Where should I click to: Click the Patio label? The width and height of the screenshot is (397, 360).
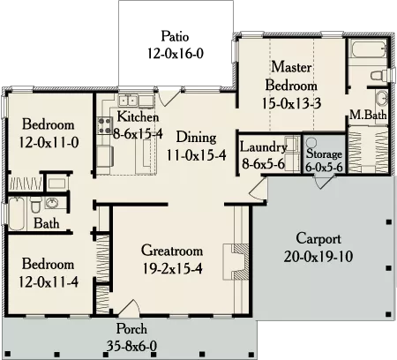175,36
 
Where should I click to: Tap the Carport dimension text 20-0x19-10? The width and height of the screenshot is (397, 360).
318,257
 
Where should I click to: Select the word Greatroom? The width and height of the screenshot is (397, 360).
172,251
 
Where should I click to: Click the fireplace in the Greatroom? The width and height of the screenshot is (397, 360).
236,262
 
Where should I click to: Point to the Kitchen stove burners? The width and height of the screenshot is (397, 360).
105,125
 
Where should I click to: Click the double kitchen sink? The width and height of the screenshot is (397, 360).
128,101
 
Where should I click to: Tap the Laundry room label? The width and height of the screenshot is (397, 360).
263,147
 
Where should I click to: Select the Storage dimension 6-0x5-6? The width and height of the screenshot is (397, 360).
324,167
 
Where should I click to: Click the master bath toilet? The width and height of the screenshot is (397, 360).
380,75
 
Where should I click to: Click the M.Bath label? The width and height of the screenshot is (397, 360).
368,115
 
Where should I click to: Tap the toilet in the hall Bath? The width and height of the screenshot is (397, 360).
35,205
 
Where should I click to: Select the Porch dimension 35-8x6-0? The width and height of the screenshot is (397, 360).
131,346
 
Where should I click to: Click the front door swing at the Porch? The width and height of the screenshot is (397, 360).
129,308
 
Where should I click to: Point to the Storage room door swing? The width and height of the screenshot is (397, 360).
325,183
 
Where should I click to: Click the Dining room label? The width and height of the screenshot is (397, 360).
197,138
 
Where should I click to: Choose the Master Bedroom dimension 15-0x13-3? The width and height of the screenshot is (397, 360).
291,103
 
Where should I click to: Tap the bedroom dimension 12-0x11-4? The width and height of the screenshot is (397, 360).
49,282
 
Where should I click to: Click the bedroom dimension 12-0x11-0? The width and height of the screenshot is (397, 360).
49,143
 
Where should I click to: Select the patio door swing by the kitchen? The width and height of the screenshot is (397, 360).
168,98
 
